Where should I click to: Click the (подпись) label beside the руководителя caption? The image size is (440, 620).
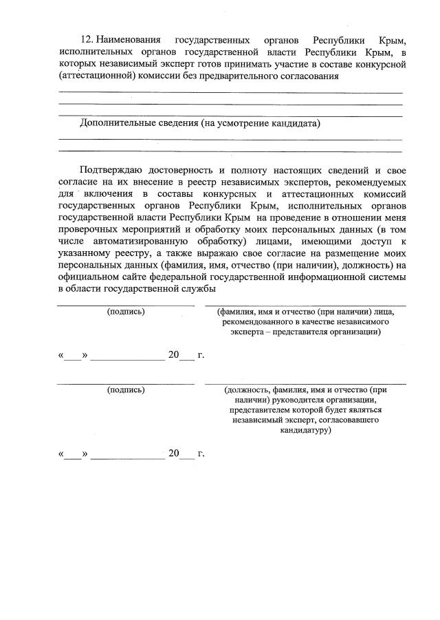(126, 389)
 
